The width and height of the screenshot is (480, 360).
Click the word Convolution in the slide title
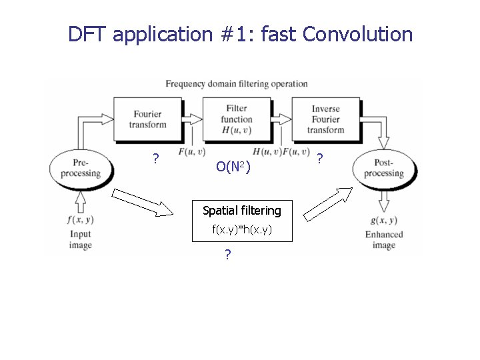pos(357,34)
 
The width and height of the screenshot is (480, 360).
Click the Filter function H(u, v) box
pos(237,119)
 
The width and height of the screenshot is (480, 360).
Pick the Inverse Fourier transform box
pos(327,119)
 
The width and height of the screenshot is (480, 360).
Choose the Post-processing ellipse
pos(383,168)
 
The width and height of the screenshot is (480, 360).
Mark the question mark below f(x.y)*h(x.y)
pos(228,254)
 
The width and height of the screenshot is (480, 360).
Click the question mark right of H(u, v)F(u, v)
pos(321,158)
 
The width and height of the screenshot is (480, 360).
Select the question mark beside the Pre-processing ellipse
pos(155,159)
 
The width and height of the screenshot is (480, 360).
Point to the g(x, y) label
pos(383,221)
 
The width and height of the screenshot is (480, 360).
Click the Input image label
pos(80,239)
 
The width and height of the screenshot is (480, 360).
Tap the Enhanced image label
pos(384,239)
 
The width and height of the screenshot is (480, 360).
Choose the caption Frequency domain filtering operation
pos(237,84)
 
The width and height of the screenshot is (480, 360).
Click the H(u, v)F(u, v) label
pos(281,151)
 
